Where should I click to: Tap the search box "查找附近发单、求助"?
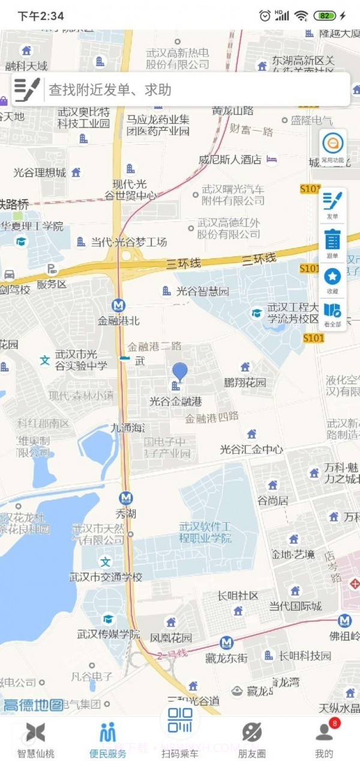point(180,89)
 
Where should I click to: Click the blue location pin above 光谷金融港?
point(179,372)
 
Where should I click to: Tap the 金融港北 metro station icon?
point(119,305)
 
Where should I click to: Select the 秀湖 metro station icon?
point(125,498)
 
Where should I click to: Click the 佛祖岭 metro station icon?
point(344,621)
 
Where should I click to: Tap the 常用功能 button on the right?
point(332,147)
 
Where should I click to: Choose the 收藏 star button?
point(332,280)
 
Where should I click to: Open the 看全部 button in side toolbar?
point(332,314)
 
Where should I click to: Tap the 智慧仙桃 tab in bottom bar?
point(35,739)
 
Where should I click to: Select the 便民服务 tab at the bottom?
point(108,739)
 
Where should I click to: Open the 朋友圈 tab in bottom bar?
point(251,739)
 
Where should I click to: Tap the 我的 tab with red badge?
point(324,739)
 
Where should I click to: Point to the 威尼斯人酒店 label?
point(230,160)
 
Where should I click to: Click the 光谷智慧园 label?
point(202,292)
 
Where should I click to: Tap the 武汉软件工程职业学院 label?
point(205,532)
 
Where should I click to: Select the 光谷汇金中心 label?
point(251,449)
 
